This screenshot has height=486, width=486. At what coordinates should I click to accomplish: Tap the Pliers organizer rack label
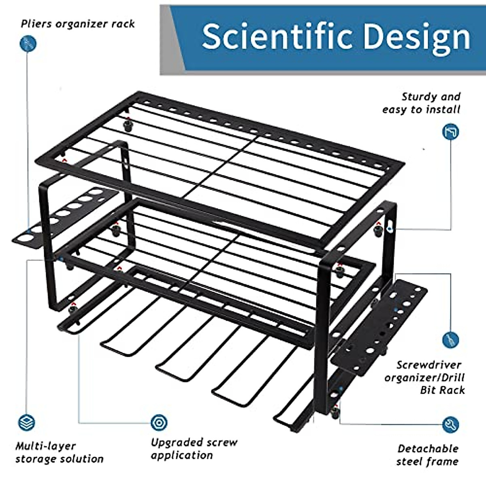(x=78, y=24)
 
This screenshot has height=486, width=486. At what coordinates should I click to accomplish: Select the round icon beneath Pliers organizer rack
(x=28, y=43)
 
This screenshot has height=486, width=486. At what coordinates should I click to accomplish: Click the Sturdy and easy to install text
(x=422, y=103)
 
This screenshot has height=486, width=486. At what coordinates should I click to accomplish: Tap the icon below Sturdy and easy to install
(x=450, y=132)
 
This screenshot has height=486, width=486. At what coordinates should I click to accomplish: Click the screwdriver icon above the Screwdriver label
(x=450, y=339)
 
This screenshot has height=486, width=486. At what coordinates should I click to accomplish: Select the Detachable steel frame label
(x=428, y=455)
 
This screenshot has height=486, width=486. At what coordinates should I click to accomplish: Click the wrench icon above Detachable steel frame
(x=450, y=424)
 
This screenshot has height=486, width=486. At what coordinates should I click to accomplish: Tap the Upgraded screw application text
(x=194, y=448)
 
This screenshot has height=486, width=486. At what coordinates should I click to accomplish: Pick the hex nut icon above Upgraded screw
(x=159, y=423)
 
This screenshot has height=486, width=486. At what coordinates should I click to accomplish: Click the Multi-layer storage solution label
(x=60, y=452)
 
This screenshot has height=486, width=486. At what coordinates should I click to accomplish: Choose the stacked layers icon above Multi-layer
(x=27, y=423)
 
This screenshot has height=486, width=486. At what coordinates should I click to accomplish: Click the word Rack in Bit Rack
(x=453, y=390)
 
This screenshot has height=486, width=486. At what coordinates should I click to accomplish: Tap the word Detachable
(x=428, y=448)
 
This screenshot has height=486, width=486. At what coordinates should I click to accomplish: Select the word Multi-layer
(x=45, y=446)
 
